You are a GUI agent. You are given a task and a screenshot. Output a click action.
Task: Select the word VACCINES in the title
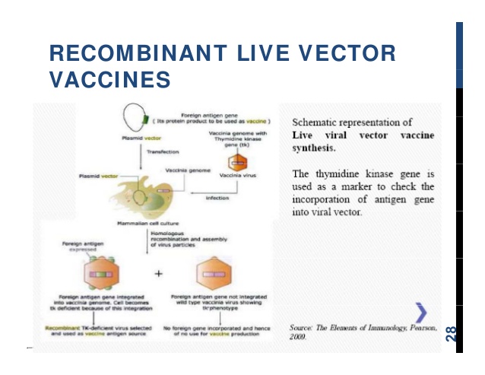tap(109, 78)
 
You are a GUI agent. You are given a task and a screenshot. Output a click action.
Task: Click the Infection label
tap(217, 197)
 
